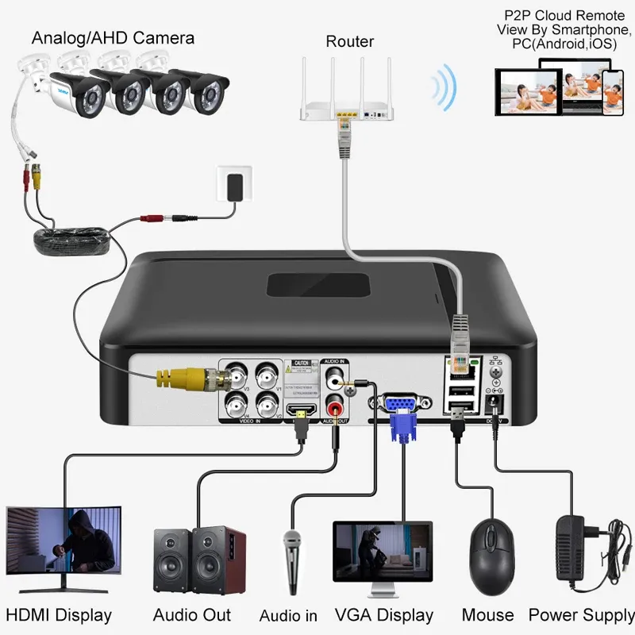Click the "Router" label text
pos(350,41)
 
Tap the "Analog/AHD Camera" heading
pos(113,37)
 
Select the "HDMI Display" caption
pos(59,614)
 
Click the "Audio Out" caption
pos(192,614)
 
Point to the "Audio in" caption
pos(288,615)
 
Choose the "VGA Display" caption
pos(384,614)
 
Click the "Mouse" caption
pos(487,614)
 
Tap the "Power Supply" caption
pos(581,614)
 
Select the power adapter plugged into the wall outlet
pos(235,189)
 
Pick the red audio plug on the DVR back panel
pos(332,410)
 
